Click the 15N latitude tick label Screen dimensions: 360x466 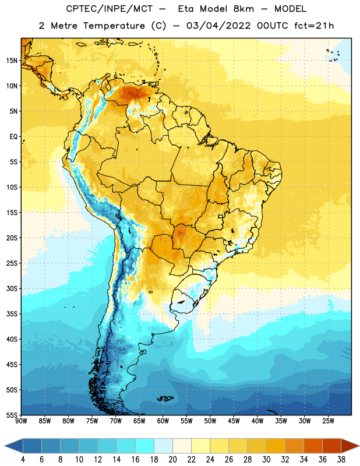point(12,61)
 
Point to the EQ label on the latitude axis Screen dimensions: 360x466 point(13,137)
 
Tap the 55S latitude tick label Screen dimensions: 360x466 point(12,415)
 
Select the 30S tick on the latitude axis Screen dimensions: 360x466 point(12,288)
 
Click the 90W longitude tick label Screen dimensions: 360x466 point(21,421)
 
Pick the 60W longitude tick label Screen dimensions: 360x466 point(163,421)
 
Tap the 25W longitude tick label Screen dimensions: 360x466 point(328,421)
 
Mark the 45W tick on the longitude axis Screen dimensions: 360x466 point(234,421)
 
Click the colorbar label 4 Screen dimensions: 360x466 point(23,460)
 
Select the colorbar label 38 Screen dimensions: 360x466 point(341,460)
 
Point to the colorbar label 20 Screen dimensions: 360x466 point(172,460)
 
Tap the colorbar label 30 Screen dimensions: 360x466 point(266,460)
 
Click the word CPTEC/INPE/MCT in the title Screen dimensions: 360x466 point(109,9)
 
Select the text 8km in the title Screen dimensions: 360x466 point(243,9)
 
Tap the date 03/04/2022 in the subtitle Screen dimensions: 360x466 point(218,26)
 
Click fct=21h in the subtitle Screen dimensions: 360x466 point(314,26)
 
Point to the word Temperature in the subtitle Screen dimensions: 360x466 point(114,26)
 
